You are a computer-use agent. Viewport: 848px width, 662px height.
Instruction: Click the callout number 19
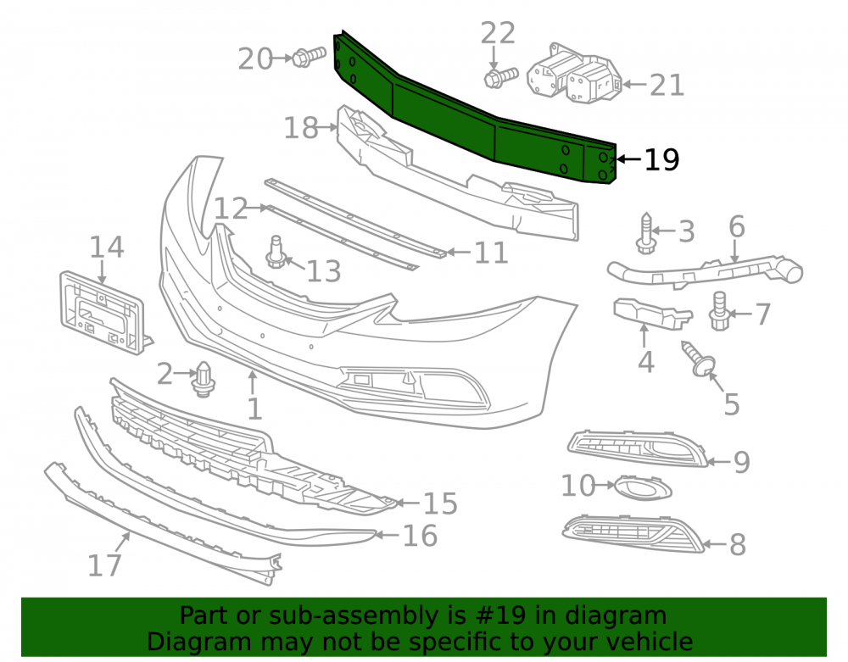[662, 160]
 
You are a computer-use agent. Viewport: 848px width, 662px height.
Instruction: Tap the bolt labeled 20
[309, 57]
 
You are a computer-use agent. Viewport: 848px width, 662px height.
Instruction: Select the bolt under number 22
[501, 77]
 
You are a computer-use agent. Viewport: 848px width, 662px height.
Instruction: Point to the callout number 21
[667, 85]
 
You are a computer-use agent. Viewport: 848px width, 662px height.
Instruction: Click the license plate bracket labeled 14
[102, 313]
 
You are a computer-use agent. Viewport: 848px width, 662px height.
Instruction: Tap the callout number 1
[254, 409]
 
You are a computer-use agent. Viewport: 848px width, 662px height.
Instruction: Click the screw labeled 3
[646, 233]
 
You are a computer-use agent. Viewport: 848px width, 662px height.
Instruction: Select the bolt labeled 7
[719, 311]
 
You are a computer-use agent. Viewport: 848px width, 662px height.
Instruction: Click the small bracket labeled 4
[651, 313]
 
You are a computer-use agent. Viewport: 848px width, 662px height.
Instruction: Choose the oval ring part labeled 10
[644, 488]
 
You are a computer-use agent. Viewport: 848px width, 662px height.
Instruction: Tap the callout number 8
[738, 544]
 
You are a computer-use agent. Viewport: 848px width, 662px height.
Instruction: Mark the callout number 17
[104, 565]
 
